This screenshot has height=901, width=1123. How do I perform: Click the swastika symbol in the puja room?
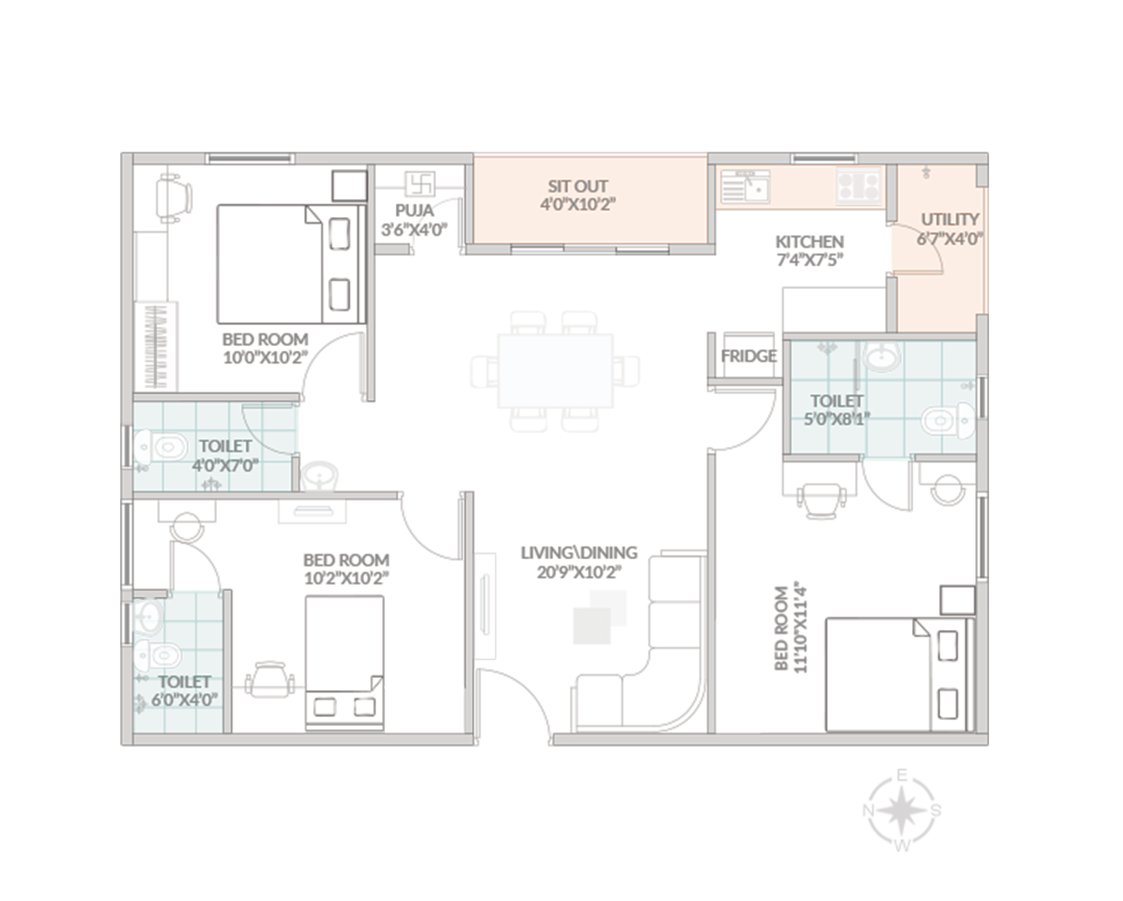coord(420,184)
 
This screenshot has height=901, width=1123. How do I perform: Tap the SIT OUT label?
coord(577,186)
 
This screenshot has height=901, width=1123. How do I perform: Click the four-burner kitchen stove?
coord(858,186)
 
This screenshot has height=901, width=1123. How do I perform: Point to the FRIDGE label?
coord(749,356)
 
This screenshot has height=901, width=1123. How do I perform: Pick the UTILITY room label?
coord(950,219)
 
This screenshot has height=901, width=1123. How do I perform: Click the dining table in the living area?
coord(555,370)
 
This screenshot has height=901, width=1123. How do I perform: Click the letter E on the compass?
coord(901,776)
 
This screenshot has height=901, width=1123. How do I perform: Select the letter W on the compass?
coord(902,846)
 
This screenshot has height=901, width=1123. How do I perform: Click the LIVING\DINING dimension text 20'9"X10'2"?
coord(579,572)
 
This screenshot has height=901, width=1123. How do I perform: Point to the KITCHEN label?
coord(809,241)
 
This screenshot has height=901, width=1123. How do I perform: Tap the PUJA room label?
coord(415,210)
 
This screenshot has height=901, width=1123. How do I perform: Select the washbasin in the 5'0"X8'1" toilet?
coord(882,357)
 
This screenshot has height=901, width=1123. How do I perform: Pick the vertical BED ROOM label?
coord(781,629)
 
